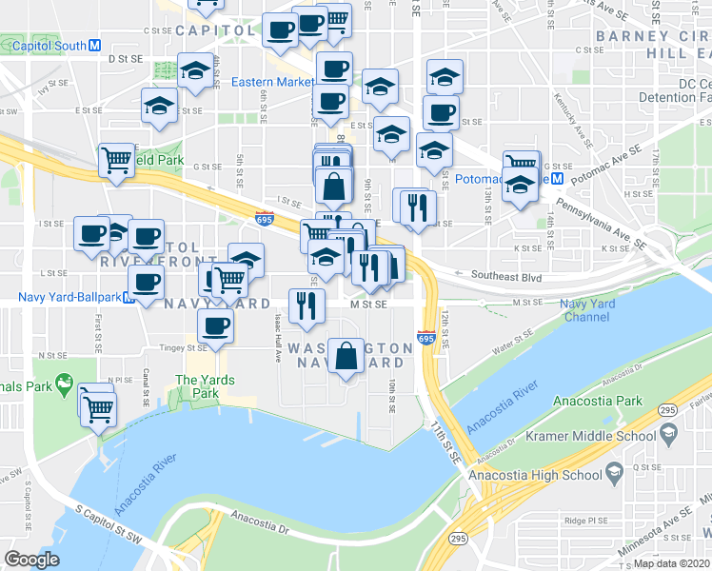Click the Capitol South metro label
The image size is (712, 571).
[x=46, y=46]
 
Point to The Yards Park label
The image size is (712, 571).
[x=197, y=386]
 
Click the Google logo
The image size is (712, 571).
[x=31, y=559]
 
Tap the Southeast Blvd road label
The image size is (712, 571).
[x=513, y=276]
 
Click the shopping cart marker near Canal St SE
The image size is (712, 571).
[x=99, y=410]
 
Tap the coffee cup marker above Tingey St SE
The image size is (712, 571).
[x=214, y=326]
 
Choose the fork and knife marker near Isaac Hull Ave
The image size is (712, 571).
[x=307, y=305]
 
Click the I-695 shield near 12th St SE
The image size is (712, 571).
[x=425, y=337]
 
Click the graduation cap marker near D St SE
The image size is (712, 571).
[x=195, y=71]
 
